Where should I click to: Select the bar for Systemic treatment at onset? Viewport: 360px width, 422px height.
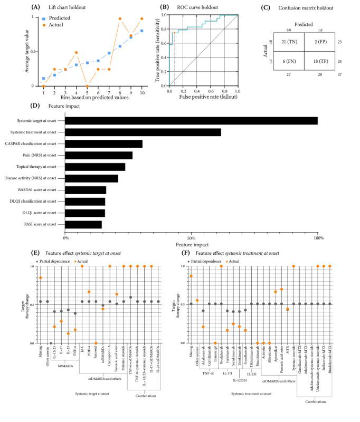143,132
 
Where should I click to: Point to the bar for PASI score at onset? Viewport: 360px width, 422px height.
83,224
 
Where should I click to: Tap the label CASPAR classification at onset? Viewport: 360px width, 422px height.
34,143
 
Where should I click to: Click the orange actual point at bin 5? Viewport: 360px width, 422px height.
87,85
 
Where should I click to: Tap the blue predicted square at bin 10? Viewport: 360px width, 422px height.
142,31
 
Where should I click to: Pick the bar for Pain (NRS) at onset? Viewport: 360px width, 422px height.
98,155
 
